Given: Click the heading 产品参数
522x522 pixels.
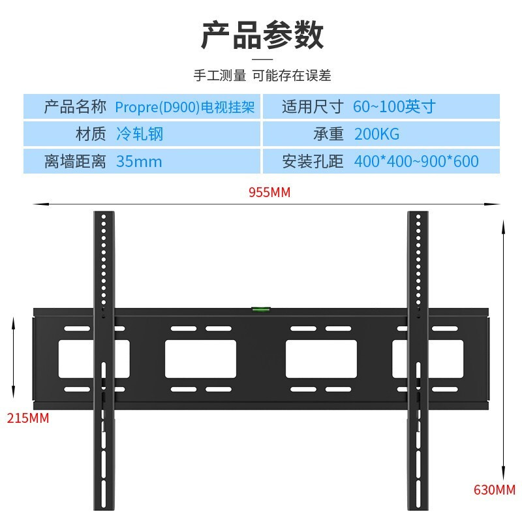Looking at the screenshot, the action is pos(262,35).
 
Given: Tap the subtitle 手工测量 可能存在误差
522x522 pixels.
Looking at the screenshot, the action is pos(262,76).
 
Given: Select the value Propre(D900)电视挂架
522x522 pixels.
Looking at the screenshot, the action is pos(185,107).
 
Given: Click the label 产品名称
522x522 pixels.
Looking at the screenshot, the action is pos(75,106).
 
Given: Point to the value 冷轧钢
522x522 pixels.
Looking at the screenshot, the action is pos(140,134).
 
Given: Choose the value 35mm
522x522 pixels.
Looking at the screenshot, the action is pos(139,161).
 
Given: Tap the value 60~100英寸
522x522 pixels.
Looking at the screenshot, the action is pos(394,106).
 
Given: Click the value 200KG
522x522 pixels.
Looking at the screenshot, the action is pos(376,134).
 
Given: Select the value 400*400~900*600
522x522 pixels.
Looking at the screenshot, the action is pos(416,161).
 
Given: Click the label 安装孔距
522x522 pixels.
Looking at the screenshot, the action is pos(313,161).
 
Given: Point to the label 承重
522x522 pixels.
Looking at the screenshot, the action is pos(328,134).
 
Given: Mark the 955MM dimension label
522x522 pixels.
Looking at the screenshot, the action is pos(269,192).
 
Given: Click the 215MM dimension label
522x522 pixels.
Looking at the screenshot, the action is pos(28,418).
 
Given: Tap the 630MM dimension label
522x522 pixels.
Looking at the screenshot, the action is pos(495,490).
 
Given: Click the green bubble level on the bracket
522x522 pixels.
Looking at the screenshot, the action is pos(261,309).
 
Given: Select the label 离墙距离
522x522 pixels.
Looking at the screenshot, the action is pos(75,161).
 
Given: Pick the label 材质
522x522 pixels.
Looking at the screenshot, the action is pos(91,134).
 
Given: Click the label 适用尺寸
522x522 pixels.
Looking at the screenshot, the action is pos(313,106).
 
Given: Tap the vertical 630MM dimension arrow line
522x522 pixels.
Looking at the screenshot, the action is pos(503,350).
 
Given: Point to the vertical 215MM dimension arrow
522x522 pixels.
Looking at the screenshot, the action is pos(13,358).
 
